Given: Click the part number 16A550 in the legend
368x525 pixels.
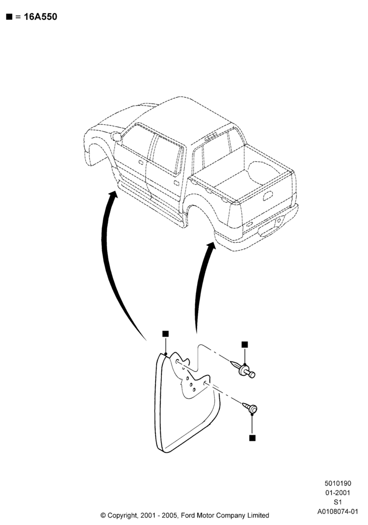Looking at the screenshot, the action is (40, 17).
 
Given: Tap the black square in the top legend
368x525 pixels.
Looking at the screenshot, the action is (9, 17).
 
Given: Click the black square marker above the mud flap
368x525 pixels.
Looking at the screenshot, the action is (165, 334).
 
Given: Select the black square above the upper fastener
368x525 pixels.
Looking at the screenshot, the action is (244, 344).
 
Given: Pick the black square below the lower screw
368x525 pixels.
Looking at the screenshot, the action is (252, 438).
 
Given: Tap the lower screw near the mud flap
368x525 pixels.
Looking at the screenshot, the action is (250, 408).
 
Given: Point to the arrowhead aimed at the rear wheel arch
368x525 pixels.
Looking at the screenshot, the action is (211, 246).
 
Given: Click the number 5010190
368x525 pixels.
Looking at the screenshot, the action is (338, 483).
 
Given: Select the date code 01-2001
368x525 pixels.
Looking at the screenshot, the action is (338, 492).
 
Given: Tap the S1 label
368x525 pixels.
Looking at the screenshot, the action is (338, 502).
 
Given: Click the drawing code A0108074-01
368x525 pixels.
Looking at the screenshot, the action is (338, 511).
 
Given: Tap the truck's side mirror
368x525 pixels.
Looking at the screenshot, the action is (116, 136).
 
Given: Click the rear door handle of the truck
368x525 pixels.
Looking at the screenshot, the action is (176, 183).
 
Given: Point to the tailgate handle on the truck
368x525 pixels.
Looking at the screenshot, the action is (268, 195).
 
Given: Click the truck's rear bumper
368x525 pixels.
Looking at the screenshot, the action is (258, 231).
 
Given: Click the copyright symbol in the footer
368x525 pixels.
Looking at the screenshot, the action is (103, 516).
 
